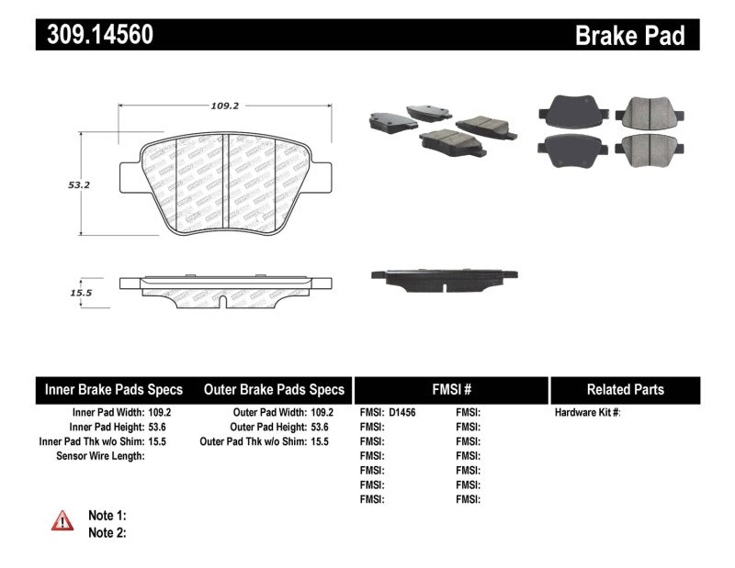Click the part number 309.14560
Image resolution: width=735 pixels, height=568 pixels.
(95, 35)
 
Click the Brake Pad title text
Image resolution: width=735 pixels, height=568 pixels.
(629, 35)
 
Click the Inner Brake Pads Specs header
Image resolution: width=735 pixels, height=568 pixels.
(114, 389)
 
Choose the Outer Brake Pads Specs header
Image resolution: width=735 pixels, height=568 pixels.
(274, 389)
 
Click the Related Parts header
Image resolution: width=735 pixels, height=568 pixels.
(625, 389)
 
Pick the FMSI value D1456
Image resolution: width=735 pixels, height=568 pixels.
(402, 413)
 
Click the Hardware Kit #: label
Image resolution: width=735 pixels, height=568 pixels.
(587, 413)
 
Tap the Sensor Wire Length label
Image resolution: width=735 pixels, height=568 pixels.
(100, 455)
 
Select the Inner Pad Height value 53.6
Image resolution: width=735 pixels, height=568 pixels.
(161, 427)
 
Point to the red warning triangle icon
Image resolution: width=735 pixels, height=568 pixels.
(62, 521)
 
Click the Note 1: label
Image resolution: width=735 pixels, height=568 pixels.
(106, 516)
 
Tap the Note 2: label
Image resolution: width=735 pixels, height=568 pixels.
(106, 532)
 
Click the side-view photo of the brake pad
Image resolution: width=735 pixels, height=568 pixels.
(443, 278)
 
